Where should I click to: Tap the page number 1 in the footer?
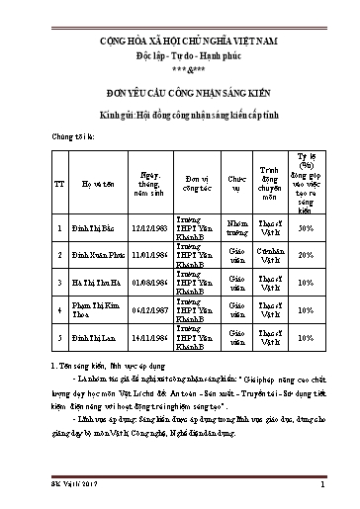322,485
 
